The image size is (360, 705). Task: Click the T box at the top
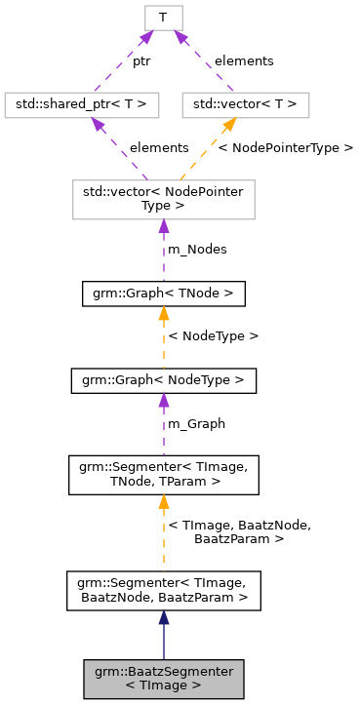pos(163,17)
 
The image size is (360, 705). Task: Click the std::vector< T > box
pos(245,104)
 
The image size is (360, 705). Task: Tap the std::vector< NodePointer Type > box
pos(163,198)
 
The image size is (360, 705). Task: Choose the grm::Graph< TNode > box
pos(163,293)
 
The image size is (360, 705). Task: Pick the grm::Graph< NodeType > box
pos(163,380)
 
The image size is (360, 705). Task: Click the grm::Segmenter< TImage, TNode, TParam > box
pos(163,474)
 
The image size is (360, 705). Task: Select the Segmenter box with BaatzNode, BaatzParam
pos(163,592)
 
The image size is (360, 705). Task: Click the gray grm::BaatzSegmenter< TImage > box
pos(163,679)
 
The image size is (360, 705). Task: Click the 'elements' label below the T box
pos(244,60)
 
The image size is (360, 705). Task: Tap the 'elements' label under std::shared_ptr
pos(159,147)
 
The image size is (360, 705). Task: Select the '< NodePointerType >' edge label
pos(285,147)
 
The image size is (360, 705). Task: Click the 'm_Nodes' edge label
pos(198,249)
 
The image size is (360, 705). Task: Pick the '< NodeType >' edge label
pos(214,335)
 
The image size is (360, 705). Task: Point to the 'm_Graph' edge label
pos(197,423)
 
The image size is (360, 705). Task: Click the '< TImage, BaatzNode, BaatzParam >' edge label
pos(239,531)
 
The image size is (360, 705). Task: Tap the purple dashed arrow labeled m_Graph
pos(163,424)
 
